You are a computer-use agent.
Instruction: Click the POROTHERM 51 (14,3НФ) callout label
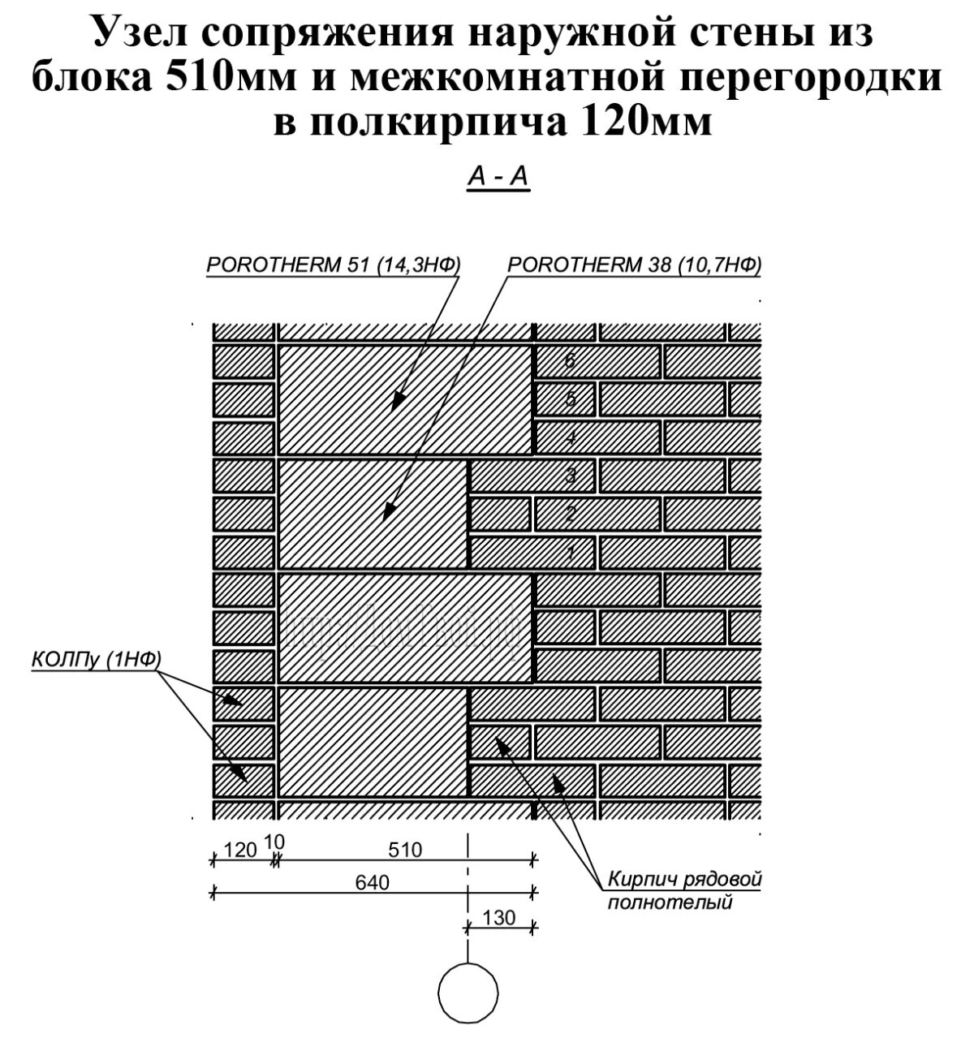[334, 265]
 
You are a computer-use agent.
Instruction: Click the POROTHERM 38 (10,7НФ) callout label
[634, 265]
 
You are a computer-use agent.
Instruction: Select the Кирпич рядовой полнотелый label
[686, 890]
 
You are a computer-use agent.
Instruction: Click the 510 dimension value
[405, 850]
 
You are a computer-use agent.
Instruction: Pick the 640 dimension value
[373, 882]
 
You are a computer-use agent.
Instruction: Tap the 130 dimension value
[498, 917]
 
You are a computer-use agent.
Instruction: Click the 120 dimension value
[239, 850]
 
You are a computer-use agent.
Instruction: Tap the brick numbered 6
[598, 360]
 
